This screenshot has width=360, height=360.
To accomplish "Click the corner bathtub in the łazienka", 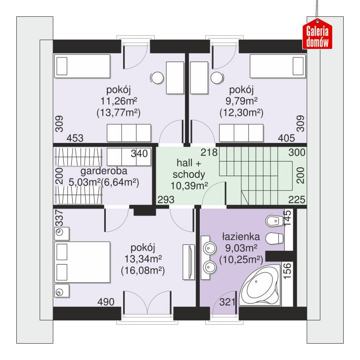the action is pos(260,285).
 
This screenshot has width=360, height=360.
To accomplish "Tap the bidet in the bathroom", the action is pos(274,221).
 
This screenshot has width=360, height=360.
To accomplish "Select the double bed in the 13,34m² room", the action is pos(82,262).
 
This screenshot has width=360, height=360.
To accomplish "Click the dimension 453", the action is pos(75,138).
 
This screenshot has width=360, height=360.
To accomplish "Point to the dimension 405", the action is pos(286,138).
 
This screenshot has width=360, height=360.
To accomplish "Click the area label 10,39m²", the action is pos(189,186).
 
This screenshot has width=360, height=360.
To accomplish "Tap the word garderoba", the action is pos(104,171).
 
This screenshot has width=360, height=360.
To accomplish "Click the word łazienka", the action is pos(241,236).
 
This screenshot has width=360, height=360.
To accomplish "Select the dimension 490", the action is pos(106,302).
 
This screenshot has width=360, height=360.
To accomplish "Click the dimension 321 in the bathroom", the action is pos(227,302).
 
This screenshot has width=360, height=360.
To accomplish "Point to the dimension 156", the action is pos(287,271).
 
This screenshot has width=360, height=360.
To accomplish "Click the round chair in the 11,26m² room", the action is pos(157,78).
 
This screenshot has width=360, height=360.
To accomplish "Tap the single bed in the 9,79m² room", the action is pos(278,66).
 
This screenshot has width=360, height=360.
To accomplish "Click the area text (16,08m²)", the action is pos(143,270).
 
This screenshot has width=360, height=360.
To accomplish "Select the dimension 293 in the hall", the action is pos(166,200).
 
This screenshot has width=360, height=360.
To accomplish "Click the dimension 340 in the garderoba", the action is pos(139,154).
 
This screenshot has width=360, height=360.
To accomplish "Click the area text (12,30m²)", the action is pos(241,113).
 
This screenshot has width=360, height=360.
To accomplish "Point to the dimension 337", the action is pos(59,218).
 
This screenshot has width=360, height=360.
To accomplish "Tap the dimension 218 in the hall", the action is pos(209,152).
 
